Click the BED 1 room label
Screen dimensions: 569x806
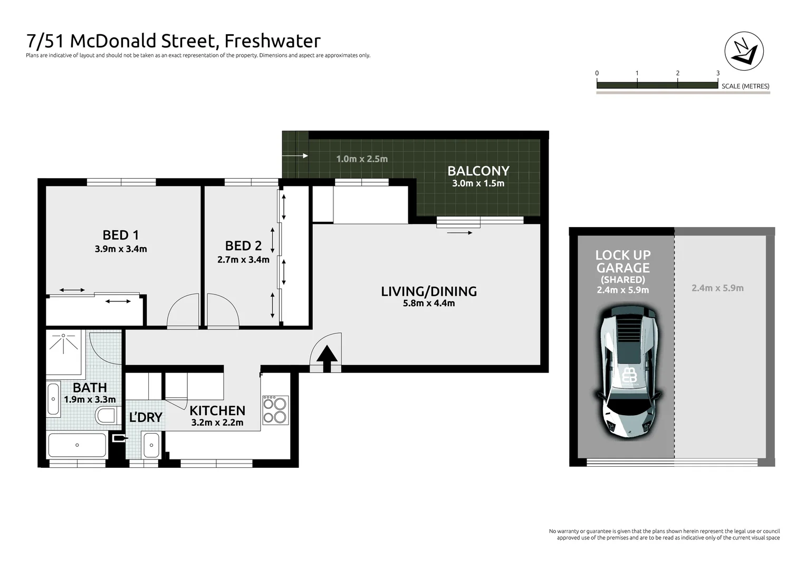[120, 235]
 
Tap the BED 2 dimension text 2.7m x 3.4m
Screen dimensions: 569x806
[243, 260]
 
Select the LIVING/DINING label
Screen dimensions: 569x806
[428, 291]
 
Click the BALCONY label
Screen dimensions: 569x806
[478, 171]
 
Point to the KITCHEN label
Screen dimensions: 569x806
[217, 410]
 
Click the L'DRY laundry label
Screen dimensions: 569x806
[146, 418]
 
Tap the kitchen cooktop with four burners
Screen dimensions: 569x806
[275, 410]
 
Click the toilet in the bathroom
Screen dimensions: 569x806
[105, 415]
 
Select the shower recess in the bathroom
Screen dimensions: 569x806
[63, 351]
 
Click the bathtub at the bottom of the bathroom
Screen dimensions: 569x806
[77, 445]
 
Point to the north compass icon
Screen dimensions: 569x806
[744, 51]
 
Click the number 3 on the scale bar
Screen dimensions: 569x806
[717, 73]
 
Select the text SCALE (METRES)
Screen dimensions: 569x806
[745, 86]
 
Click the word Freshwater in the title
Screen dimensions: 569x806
[272, 41]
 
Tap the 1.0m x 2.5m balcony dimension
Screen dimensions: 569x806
[362, 159]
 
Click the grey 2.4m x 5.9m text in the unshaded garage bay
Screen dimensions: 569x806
[717, 288]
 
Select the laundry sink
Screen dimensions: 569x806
[151, 445]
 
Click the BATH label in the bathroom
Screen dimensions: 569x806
[90, 388]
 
